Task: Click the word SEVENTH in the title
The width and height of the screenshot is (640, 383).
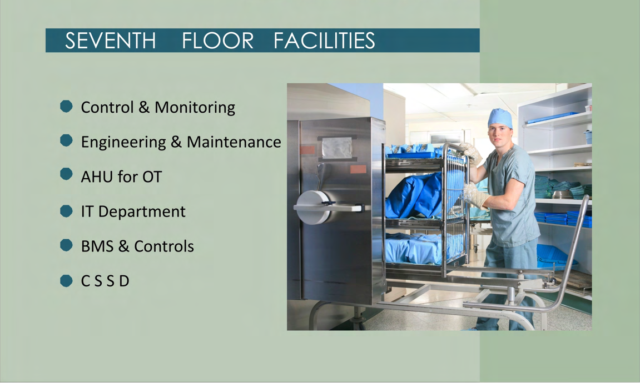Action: (111, 41)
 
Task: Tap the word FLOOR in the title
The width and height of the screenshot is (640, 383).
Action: (217, 41)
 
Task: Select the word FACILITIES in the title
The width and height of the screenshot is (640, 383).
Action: (324, 41)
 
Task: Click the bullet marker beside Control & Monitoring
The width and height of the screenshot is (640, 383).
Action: (66, 107)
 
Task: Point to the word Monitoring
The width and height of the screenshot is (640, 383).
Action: (195, 108)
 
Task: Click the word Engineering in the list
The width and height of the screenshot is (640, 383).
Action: (123, 142)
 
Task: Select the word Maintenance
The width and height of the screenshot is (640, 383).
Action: (234, 142)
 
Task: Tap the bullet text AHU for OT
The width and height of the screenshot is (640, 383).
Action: (121, 177)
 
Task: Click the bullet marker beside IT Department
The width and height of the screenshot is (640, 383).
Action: (66, 211)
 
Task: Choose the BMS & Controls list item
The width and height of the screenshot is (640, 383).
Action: (137, 246)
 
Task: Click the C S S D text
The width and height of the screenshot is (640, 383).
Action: (105, 281)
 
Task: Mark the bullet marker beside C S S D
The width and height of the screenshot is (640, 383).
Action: (66, 280)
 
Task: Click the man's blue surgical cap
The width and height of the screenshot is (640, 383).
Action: (499, 118)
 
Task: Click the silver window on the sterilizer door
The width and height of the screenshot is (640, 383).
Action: (337, 148)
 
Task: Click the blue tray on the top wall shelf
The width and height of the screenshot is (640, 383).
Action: (552, 117)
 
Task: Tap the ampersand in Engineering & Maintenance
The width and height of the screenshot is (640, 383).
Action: (176, 142)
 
